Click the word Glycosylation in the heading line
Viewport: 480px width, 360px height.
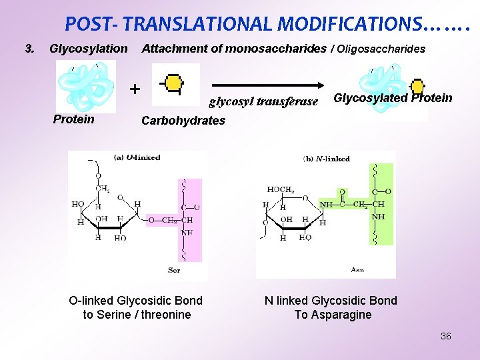[x=88, y=49]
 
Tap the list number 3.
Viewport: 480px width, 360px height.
[x=29, y=49]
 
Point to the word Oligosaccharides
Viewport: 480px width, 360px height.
[x=381, y=49]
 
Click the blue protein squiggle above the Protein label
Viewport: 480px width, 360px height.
[x=86, y=85]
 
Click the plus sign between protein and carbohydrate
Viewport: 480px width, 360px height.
[x=135, y=89]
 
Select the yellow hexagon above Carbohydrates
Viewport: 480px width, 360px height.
[x=175, y=84]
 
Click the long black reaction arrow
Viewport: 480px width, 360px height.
[x=267, y=85]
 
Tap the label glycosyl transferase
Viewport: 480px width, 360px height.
[x=263, y=102]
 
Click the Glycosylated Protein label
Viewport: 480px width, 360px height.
[x=393, y=98]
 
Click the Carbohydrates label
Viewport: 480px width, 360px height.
[x=183, y=121]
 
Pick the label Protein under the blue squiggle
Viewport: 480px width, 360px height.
[x=73, y=119]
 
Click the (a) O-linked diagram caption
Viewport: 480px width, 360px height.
[x=137, y=157]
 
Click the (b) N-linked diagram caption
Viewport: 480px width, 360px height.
[x=327, y=159]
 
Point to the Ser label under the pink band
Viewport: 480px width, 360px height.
[x=173, y=270]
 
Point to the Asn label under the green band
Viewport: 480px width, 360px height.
[x=357, y=270]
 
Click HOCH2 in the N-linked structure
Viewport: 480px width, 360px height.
[x=281, y=190]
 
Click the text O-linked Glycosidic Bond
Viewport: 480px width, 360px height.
[x=136, y=301]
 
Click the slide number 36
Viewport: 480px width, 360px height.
[x=445, y=336]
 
